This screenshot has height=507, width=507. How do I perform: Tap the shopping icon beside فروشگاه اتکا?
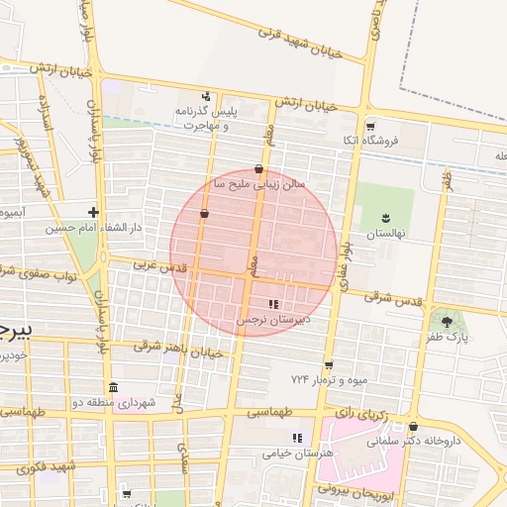click(370, 126)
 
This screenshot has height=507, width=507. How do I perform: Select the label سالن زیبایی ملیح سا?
click(259, 184)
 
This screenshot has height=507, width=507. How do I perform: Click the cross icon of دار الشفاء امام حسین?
click(93, 212)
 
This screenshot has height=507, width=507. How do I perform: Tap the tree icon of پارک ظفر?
click(447, 321)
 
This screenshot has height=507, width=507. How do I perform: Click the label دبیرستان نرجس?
click(272, 320)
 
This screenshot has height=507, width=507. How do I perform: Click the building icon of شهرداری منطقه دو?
click(113, 387)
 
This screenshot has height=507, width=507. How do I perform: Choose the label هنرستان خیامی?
click(294, 453)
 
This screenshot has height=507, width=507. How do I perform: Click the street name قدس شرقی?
click(392, 297)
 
